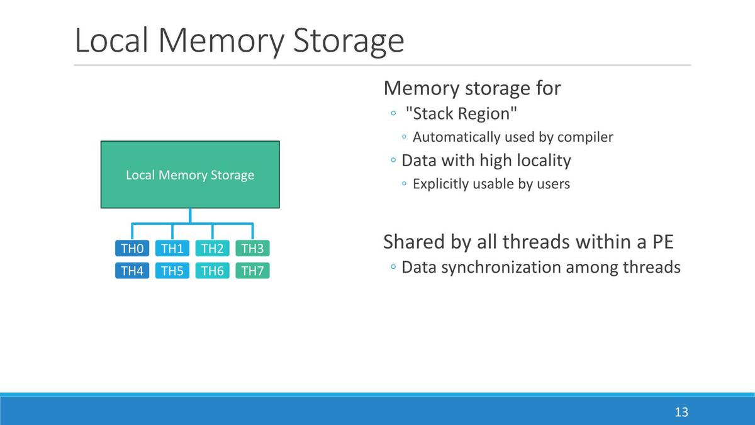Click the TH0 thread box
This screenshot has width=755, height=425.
point(132,249)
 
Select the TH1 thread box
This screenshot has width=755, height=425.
point(172,249)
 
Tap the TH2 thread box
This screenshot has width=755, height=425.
point(213,249)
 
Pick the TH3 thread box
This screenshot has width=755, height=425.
point(252,249)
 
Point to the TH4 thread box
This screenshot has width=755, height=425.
point(132,271)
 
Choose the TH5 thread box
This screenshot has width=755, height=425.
point(172,271)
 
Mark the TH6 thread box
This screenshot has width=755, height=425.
point(213,271)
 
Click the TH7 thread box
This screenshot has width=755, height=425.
point(252,271)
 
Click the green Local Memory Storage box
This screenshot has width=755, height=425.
point(190,175)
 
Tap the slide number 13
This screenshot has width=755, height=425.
point(681,412)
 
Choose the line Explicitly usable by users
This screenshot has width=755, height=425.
point(491,184)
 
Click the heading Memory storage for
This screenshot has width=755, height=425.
point(472,88)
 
